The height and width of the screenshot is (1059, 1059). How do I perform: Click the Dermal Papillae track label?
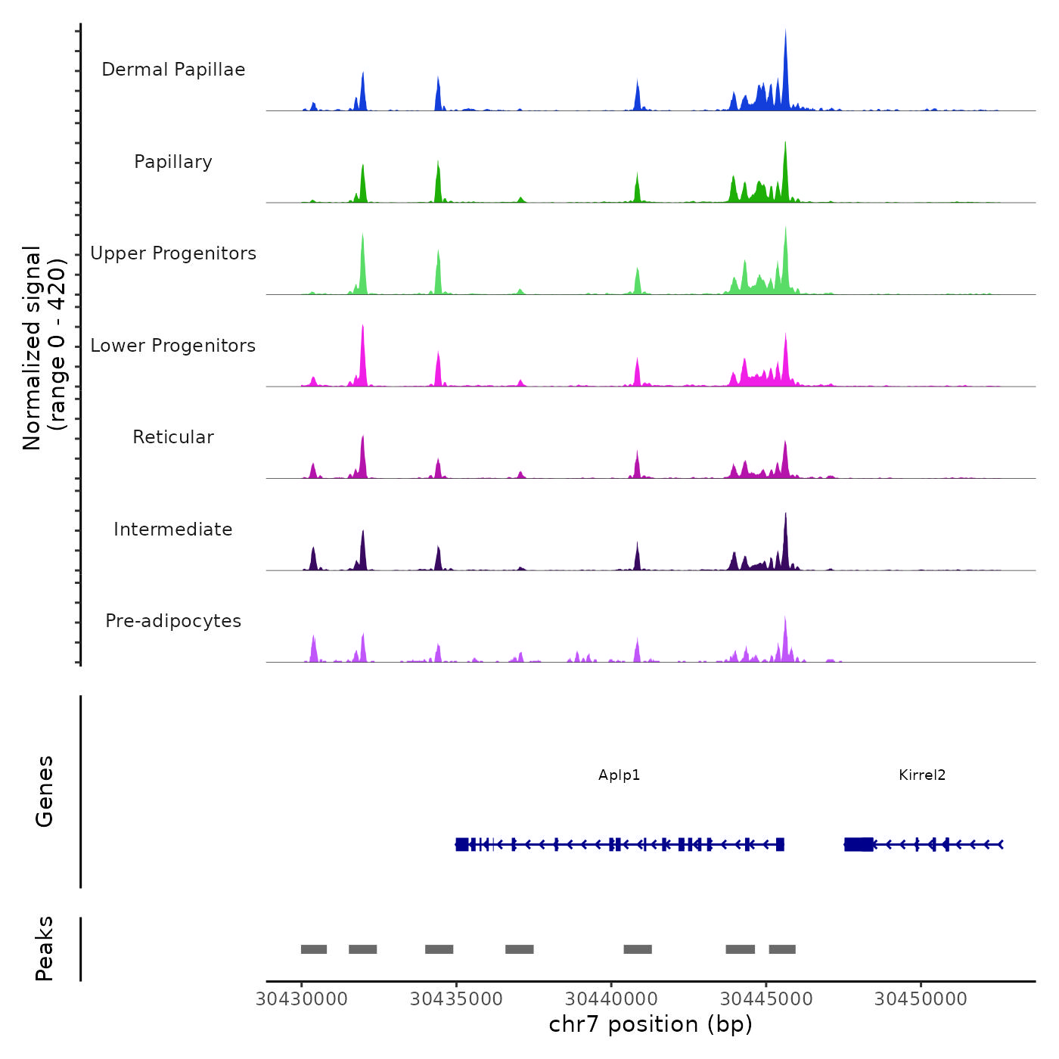(x=173, y=70)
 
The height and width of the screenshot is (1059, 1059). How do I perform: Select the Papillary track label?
(x=173, y=162)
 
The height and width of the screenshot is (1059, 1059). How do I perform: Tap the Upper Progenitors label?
(x=173, y=253)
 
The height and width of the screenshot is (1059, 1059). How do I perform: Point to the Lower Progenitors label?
(x=173, y=346)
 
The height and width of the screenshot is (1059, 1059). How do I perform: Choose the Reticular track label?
(x=173, y=437)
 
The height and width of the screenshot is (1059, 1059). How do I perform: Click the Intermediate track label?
(x=173, y=529)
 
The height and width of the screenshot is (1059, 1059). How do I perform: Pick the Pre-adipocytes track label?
(x=173, y=621)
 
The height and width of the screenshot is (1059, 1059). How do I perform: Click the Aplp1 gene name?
(x=619, y=775)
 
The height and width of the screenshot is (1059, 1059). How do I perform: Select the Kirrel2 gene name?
(x=922, y=775)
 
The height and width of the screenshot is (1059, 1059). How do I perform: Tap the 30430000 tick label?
(x=302, y=999)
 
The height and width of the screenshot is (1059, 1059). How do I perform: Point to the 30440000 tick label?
(x=611, y=999)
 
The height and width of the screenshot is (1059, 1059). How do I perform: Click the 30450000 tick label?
(x=921, y=999)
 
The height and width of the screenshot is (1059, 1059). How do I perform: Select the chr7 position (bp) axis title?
(x=651, y=1024)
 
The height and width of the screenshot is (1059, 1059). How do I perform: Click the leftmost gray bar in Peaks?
(x=314, y=949)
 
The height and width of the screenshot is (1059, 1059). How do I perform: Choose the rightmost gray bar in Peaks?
(x=782, y=949)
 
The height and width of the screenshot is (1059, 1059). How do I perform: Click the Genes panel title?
(x=45, y=791)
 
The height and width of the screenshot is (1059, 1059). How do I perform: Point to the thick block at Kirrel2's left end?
(x=859, y=844)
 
